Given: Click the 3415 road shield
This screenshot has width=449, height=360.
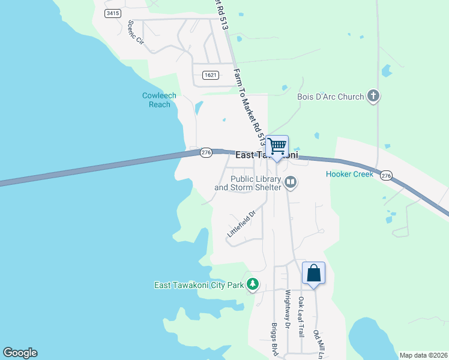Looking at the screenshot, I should point(111,13).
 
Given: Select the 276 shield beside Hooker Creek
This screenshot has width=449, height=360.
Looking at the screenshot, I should point(386,175).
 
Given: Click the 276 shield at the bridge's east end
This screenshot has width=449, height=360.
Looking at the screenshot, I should point(206,153).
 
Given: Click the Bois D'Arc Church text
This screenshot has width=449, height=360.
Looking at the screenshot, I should point(331,97).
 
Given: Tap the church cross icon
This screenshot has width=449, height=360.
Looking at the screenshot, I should point(373,96).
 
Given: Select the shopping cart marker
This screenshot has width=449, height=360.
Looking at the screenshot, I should point(277,146).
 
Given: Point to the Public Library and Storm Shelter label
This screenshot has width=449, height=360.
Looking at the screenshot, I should point(248,183).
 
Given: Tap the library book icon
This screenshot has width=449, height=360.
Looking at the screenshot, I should point(291,181).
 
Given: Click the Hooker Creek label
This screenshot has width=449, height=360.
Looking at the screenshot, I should point(349,175).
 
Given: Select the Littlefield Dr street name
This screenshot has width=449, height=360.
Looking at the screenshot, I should point(242,223).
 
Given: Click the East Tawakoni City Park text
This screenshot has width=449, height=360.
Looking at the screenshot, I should point(199,285).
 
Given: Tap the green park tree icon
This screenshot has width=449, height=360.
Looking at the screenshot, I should point(253,284).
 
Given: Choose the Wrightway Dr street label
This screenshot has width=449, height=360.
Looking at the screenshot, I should point(288,310).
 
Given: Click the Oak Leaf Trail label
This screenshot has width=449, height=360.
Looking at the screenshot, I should point(301,311).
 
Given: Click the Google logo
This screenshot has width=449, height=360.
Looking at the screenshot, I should point(20,353).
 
